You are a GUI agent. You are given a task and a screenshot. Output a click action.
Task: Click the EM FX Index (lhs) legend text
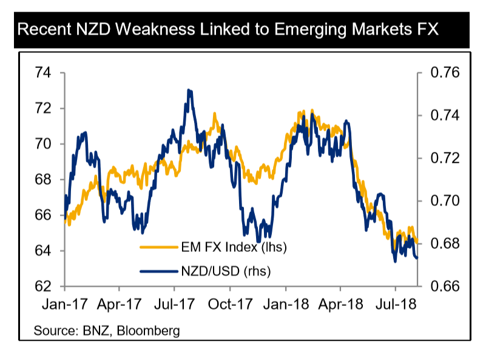tap(234, 247)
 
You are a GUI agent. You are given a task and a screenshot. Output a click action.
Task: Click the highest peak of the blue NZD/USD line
tap(189, 90)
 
